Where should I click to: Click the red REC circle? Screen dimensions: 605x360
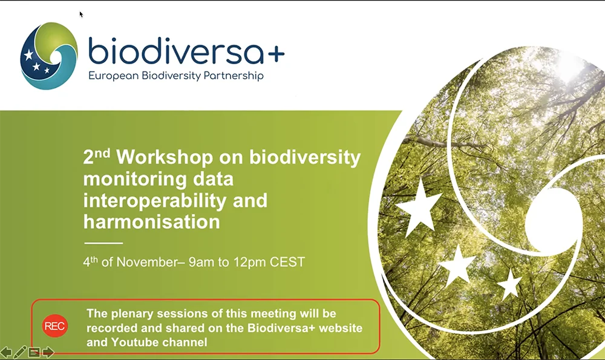(x=55, y=326)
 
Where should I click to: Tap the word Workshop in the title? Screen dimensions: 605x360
(x=165, y=157)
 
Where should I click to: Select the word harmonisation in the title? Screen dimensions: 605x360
(x=152, y=222)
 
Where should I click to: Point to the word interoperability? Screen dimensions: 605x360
(x=155, y=201)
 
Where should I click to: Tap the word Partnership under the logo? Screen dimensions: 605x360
(x=234, y=76)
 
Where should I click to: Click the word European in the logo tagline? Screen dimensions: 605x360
(x=114, y=76)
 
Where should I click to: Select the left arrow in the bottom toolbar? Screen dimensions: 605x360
(x=6, y=352)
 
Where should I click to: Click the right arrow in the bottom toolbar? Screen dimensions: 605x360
(x=48, y=352)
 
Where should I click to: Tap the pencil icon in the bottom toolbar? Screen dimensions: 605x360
(x=20, y=352)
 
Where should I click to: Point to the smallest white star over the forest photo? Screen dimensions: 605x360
(x=509, y=285)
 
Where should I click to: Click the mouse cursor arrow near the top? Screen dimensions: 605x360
(x=81, y=15)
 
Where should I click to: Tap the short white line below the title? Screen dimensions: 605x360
(x=103, y=243)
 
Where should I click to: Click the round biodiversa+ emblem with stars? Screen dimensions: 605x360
(x=48, y=56)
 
